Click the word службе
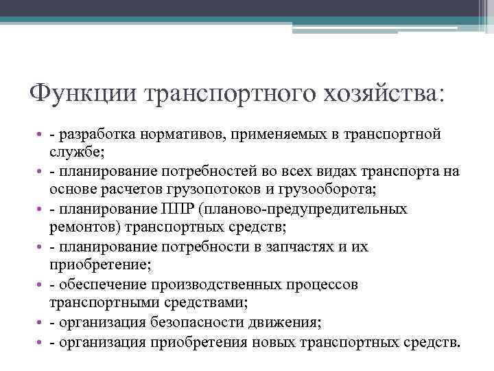coord(75,150)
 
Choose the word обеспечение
coord(97,284)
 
